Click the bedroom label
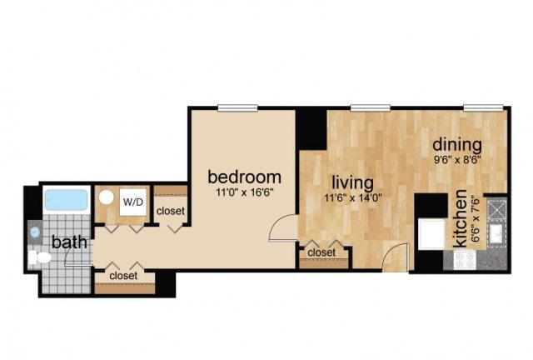coord(244,177)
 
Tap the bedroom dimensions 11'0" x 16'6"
coord(245,193)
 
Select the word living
coord(352,183)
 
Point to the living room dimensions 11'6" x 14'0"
coord(353,198)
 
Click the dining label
coord(457,145)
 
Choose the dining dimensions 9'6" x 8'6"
coord(457,160)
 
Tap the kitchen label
coord(461,219)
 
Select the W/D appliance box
coord(133,202)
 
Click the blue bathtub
coord(67,200)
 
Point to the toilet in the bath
coord(39,257)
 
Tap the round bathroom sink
coord(35,232)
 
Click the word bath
coord(69,242)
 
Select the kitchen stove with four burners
coord(465,260)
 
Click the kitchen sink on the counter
coord(496,234)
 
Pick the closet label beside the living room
coord(321,252)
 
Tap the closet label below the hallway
coord(123,276)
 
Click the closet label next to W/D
coord(171,211)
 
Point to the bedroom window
coord(237,108)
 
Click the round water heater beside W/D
coord(107,197)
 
